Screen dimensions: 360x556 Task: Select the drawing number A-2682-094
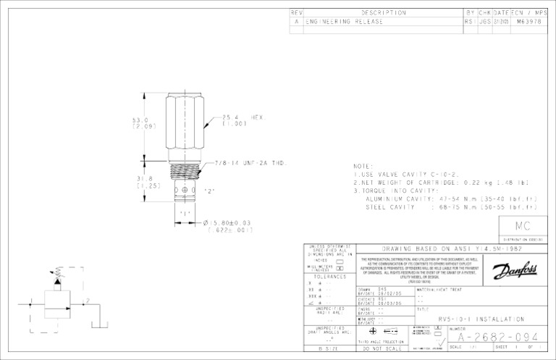coord(494,337)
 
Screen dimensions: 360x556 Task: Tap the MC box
coord(523,227)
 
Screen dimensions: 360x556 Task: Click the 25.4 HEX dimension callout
coord(245,120)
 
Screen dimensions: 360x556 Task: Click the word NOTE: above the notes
coord(363,166)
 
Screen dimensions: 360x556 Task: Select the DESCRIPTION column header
coord(383,12)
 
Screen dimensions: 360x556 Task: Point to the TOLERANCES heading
coord(329,276)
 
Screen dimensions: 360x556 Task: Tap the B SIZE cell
coord(329,349)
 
